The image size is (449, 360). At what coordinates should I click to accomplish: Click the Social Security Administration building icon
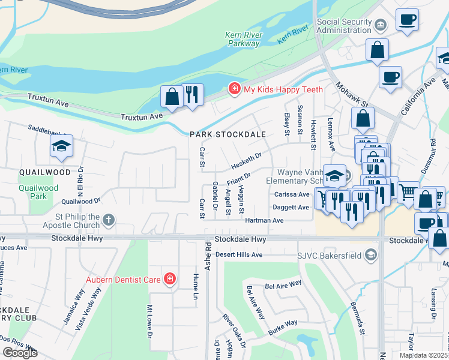click(381, 25)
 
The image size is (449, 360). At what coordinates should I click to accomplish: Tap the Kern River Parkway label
click(243, 40)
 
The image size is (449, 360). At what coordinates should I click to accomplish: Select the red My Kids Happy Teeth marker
click(234, 89)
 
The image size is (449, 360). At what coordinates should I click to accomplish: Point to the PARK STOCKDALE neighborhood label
click(228, 134)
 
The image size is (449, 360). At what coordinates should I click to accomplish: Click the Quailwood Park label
click(38, 192)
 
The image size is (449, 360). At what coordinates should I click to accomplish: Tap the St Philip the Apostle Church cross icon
click(108, 220)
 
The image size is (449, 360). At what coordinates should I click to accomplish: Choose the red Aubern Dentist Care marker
click(170, 278)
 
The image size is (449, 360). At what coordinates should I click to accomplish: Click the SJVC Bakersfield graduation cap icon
click(372, 255)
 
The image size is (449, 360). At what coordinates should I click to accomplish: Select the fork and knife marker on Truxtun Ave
click(191, 95)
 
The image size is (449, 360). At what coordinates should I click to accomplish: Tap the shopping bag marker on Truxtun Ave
click(172, 97)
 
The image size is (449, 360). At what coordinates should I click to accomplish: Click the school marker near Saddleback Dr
click(61, 146)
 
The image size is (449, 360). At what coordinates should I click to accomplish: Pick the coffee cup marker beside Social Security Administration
click(407, 20)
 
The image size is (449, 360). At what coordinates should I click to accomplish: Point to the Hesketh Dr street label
click(247, 160)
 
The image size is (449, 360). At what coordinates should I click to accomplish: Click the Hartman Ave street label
click(264, 221)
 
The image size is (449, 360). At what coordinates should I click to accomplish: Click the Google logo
click(20, 353)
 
